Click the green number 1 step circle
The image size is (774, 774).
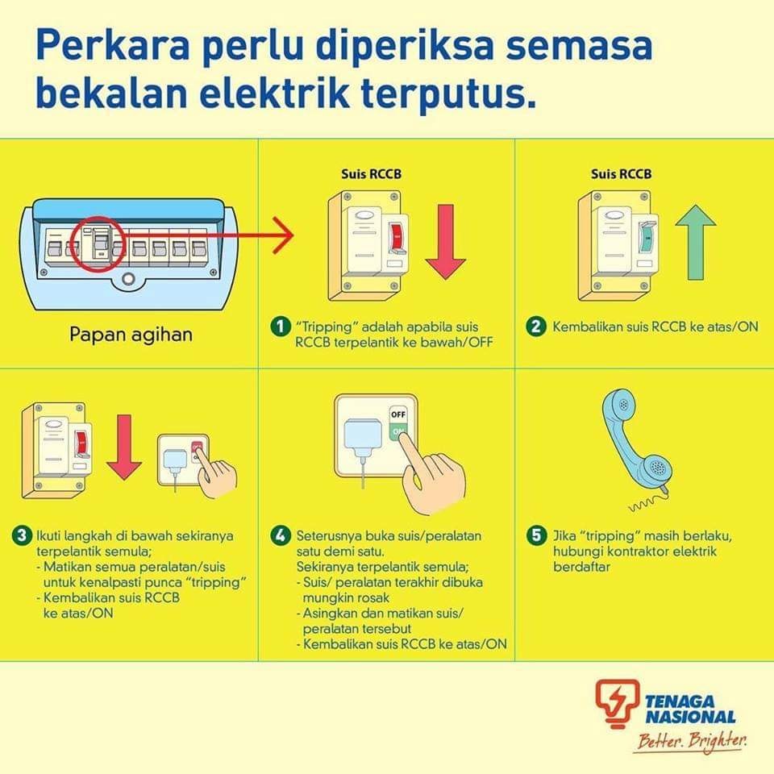tap(281, 327)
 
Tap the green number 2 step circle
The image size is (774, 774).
tap(535, 327)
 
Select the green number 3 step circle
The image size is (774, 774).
tap(22, 536)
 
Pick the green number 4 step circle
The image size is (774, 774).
tap(281, 536)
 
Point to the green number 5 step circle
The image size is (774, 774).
tap(537, 536)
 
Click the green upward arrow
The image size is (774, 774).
tap(696, 242)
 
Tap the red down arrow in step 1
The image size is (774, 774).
tap(445, 242)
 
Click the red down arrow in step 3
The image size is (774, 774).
tap(124, 447)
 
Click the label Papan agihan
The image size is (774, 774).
tap(131, 335)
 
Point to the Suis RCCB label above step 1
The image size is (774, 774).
tap(371, 174)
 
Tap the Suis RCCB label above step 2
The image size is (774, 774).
tap(621, 174)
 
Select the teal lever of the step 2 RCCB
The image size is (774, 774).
tap(647, 237)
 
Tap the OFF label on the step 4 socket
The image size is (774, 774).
tap(398, 414)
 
